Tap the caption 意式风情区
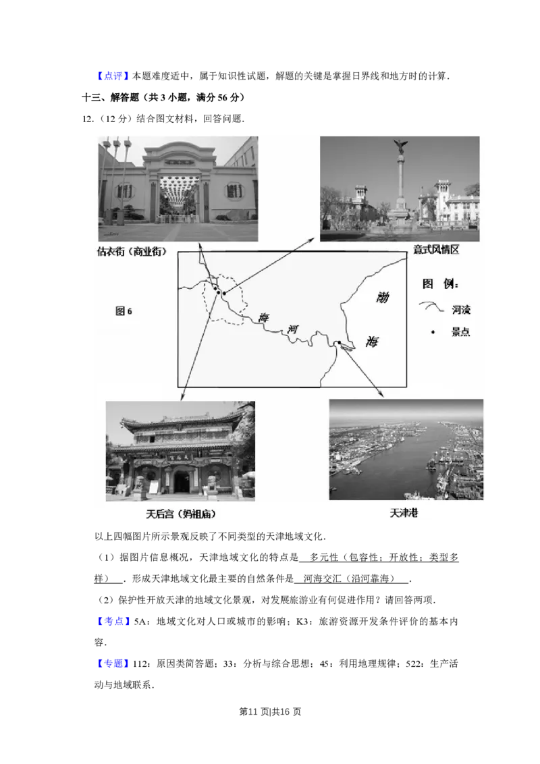436,250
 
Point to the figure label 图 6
124,311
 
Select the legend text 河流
460,310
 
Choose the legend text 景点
460,332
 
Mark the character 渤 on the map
382,297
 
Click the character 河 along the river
292,329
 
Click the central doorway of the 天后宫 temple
182,481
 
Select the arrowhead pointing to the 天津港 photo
381,395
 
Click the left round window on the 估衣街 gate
124,191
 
